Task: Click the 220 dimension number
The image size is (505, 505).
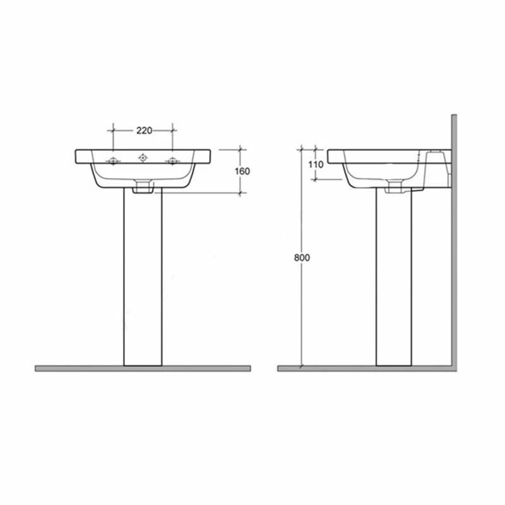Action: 144,131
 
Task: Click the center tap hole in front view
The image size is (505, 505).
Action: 143,157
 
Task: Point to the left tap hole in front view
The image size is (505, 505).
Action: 113,162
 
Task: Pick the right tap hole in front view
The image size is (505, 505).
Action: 172,162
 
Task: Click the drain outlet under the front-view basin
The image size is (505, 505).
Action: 143,186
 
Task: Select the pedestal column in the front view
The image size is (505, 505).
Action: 143,278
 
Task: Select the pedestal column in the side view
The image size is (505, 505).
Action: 395,278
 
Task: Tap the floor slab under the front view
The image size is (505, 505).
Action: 143,368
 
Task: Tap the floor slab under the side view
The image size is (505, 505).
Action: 366,368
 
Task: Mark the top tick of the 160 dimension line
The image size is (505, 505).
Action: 241,150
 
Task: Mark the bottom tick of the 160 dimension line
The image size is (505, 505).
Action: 241,193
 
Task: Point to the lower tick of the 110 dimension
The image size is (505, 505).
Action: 314,179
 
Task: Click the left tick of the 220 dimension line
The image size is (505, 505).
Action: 113,131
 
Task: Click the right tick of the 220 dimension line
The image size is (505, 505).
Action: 172,131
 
